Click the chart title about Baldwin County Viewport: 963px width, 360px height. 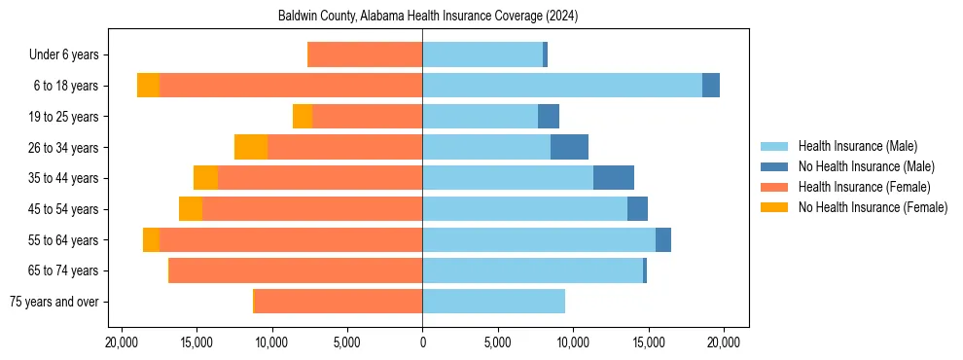click(x=421, y=16)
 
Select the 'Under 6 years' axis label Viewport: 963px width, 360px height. click(x=70, y=55)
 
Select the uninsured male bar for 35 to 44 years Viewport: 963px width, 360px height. click(x=614, y=178)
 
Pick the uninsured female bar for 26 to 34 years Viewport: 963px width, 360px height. click(x=251, y=148)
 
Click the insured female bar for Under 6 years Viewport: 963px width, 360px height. click(x=365, y=55)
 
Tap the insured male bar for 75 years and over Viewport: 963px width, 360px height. click(x=493, y=302)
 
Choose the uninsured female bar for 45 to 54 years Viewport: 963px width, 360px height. click(x=191, y=209)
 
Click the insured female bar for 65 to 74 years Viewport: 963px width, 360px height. click(x=296, y=270)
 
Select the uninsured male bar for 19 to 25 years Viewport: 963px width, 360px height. click(x=549, y=117)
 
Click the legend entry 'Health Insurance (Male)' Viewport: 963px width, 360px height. click(x=857, y=146)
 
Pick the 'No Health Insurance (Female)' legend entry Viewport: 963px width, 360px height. click(x=873, y=207)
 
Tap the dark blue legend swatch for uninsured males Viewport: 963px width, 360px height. click(x=775, y=166)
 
